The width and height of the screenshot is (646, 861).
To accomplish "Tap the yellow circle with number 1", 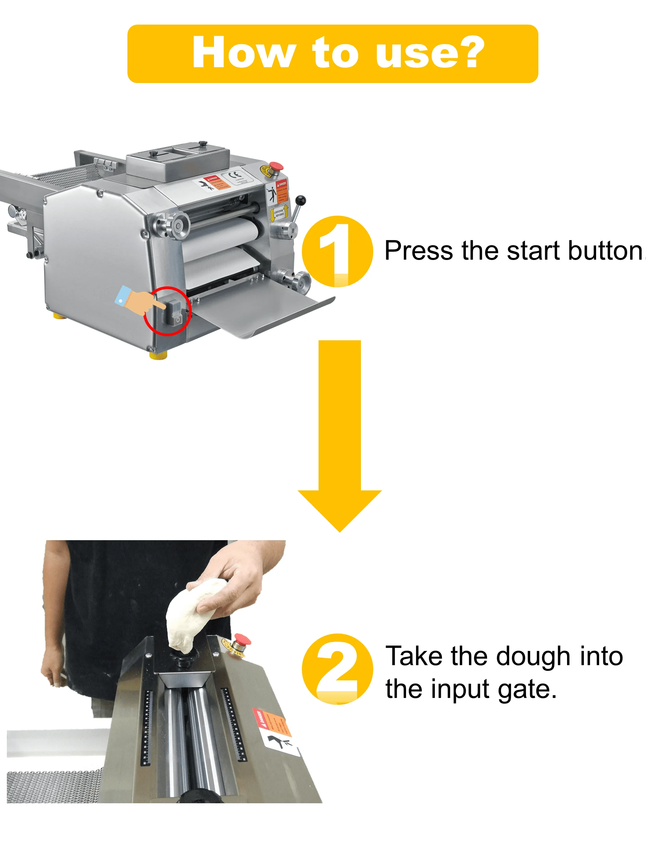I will (337, 251).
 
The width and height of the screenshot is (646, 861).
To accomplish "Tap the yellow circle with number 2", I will (337, 669).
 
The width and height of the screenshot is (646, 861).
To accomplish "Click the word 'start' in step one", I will (533, 251).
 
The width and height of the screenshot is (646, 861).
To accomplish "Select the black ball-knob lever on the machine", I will (300, 201).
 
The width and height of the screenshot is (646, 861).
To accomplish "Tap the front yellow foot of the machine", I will (158, 355).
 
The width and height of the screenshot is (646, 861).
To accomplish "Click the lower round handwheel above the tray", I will (300, 281).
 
